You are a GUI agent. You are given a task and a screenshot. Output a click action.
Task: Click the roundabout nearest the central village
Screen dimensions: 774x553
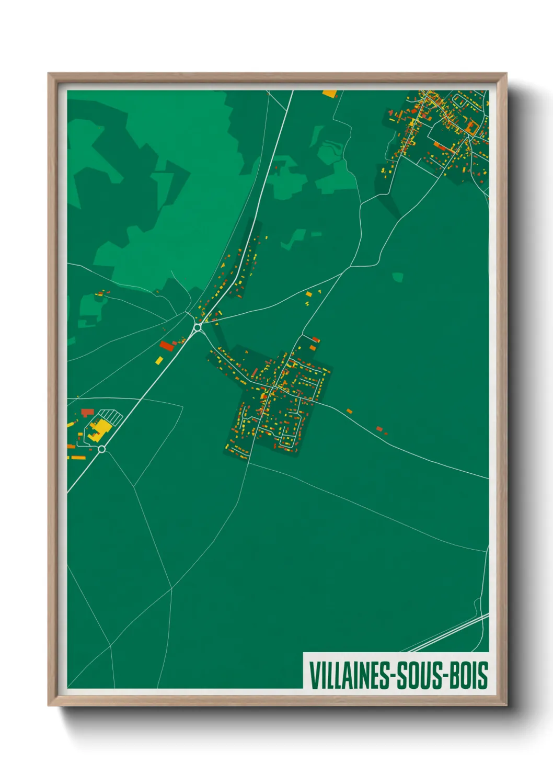pyautogui.click(x=198, y=327)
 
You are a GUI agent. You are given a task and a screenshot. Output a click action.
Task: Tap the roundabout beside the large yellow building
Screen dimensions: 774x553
pyautogui.click(x=102, y=449)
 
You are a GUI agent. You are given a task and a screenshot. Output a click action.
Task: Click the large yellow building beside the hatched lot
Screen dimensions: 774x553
pyautogui.click(x=99, y=429)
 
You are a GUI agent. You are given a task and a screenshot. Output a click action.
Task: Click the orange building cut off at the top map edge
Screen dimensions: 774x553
pyautogui.click(x=330, y=94)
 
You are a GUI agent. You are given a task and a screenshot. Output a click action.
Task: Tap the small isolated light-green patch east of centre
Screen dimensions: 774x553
pyautogui.click(x=398, y=277)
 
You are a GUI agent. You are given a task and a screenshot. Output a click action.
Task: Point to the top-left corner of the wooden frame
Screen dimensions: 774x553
pyautogui.click(x=49, y=74)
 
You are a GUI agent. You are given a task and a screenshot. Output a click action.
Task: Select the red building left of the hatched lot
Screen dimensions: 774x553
pyautogui.click(x=87, y=413)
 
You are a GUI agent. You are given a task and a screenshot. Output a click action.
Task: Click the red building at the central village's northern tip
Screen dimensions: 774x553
pyautogui.click(x=316, y=340)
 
